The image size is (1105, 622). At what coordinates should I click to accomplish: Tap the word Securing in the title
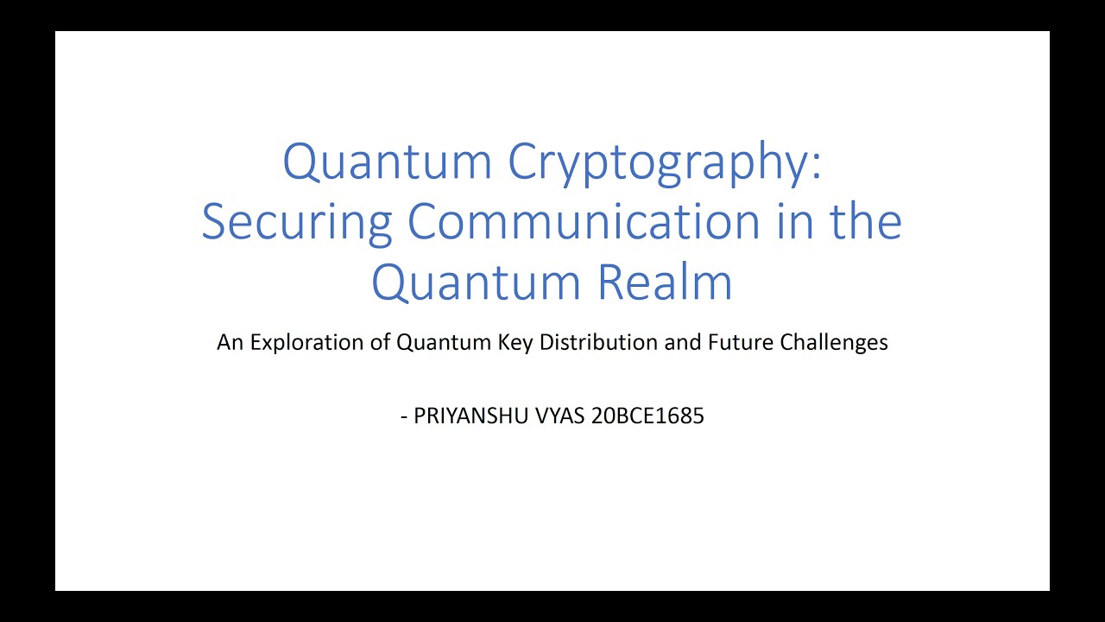297,222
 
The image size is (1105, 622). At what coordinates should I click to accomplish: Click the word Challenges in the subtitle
834,343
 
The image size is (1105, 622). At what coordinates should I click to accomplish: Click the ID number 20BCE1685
648,416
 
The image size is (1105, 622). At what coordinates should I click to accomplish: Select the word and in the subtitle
685,343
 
